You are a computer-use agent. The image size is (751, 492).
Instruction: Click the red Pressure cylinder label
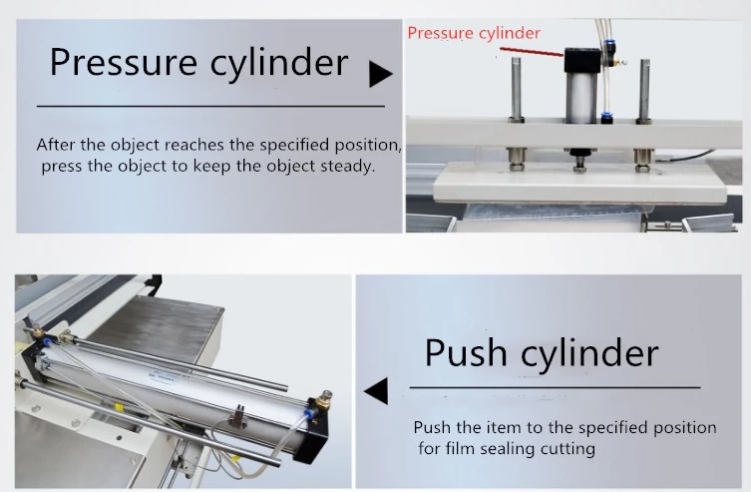click(x=474, y=33)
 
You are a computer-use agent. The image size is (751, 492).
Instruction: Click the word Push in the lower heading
click(x=465, y=353)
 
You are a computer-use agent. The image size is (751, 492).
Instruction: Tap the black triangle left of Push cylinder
click(x=376, y=390)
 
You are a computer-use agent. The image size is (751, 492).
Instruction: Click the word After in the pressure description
click(x=56, y=145)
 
